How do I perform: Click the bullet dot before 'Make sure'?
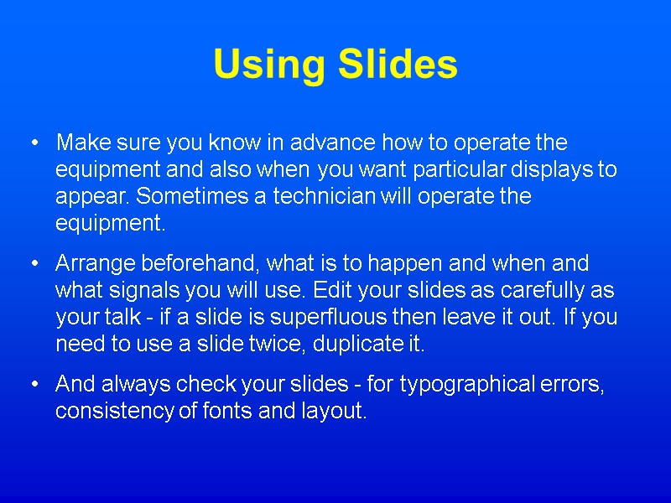pyautogui.click(x=34, y=143)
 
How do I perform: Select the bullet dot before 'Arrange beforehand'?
pyautogui.click(x=34, y=264)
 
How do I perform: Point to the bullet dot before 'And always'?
pyautogui.click(x=34, y=385)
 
